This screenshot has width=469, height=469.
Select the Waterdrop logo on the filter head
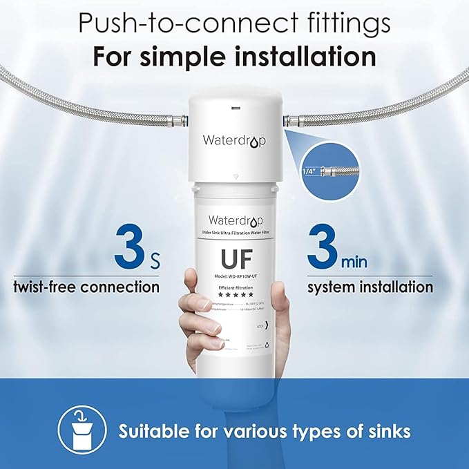pyautogui.click(x=233, y=140)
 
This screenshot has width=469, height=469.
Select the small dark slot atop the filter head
pyautogui.click(x=235, y=108)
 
